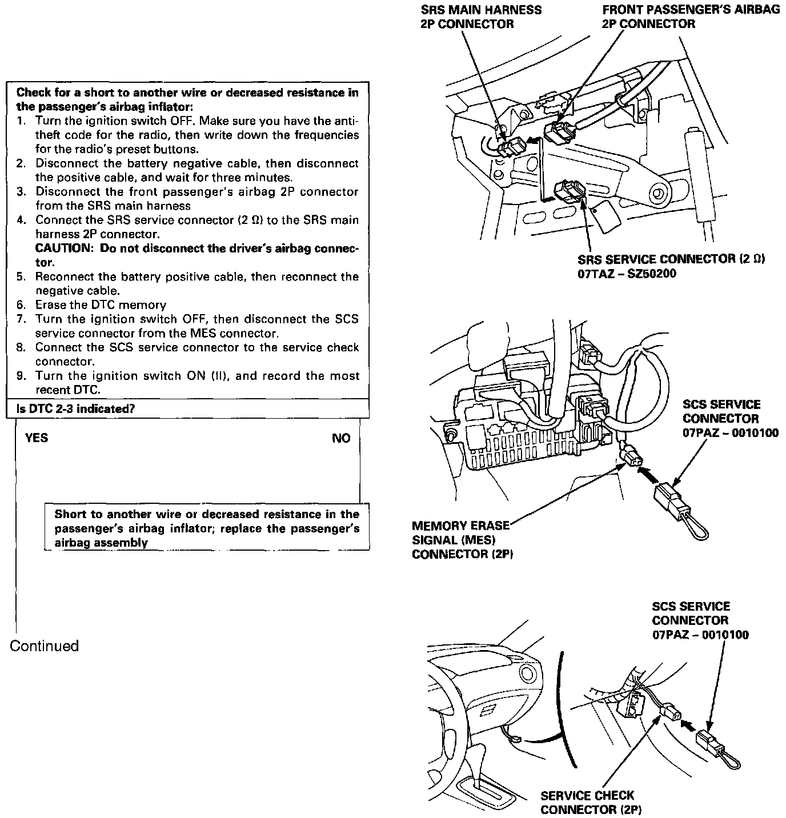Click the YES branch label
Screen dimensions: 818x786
(x=37, y=438)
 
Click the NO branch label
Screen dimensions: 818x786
(x=341, y=438)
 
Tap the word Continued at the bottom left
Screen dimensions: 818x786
(x=45, y=646)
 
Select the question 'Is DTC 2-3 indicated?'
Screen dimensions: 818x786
(x=76, y=409)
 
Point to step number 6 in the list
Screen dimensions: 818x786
(x=21, y=305)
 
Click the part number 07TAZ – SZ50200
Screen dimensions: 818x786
(x=627, y=274)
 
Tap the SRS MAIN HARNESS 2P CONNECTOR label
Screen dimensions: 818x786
(x=481, y=17)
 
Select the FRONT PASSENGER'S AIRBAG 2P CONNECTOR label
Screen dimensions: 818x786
(x=691, y=17)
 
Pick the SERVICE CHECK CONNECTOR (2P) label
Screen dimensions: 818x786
(x=587, y=802)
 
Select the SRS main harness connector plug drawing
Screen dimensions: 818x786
(x=510, y=147)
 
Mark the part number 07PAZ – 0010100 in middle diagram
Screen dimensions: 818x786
(x=731, y=432)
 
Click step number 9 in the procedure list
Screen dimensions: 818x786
(x=21, y=376)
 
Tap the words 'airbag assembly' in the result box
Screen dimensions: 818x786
(x=101, y=543)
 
